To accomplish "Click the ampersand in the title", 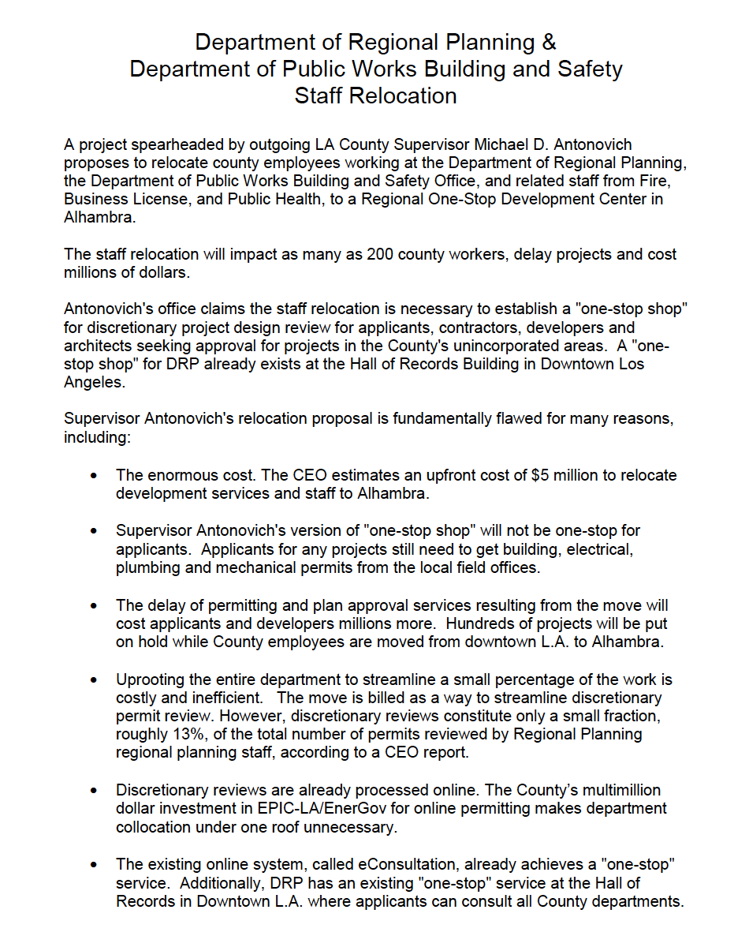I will pos(548,42).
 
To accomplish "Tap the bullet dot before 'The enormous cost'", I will pos(95,477).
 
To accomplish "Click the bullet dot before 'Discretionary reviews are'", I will pos(95,791).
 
